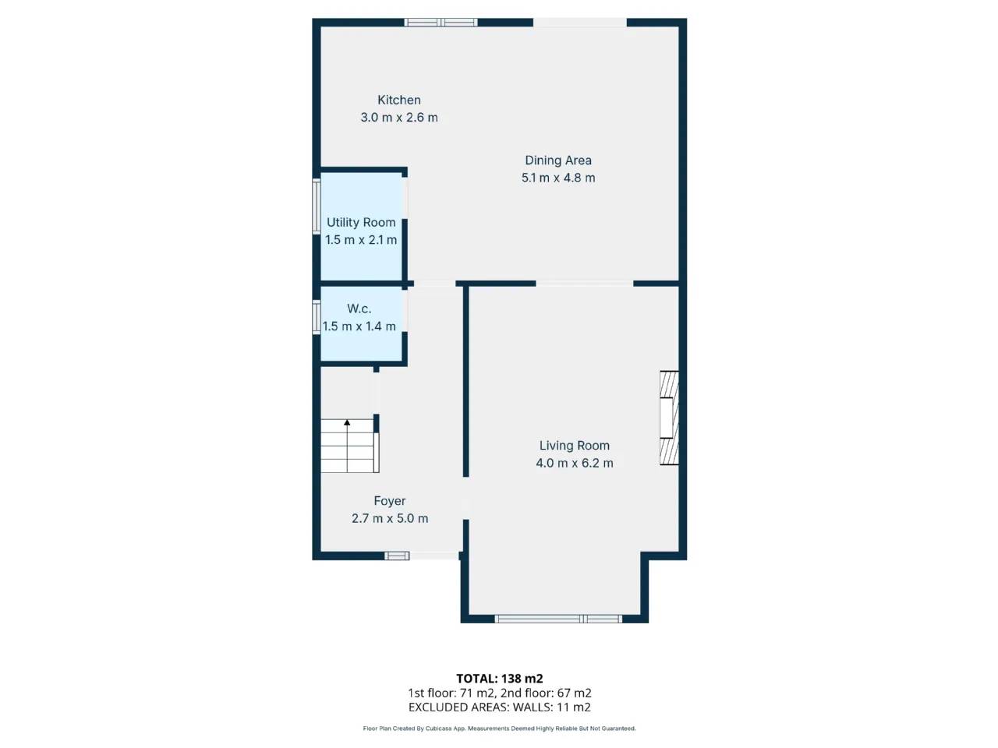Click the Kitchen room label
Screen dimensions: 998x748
pyautogui.click(x=398, y=100)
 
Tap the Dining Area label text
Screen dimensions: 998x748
pyautogui.click(x=558, y=161)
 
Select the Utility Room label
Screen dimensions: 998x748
pyautogui.click(x=361, y=223)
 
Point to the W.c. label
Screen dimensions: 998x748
pyautogui.click(x=359, y=309)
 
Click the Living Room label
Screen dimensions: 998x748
pyautogui.click(x=575, y=446)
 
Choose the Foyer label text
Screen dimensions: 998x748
pyautogui.click(x=390, y=501)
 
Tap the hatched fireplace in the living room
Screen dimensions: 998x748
pyautogui.click(x=669, y=418)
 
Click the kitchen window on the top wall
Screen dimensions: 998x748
pyautogui.click(x=441, y=23)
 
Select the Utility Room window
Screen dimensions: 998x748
pyautogui.click(x=317, y=206)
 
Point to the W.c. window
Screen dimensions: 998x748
pyautogui.click(x=317, y=317)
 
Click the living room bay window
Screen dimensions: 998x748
pyautogui.click(x=558, y=619)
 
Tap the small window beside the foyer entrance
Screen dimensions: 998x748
pyautogui.click(x=397, y=556)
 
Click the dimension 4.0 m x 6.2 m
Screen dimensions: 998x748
pyautogui.click(x=575, y=464)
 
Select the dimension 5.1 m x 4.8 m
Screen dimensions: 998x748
pyautogui.click(x=558, y=178)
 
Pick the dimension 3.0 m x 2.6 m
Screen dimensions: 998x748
pyautogui.click(x=398, y=118)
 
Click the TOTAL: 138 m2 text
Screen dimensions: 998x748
pyautogui.click(x=499, y=679)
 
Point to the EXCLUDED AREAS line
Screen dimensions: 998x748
pyautogui.click(x=499, y=707)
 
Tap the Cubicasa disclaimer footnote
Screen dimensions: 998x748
pyautogui.click(x=499, y=729)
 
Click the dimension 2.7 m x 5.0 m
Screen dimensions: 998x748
pyautogui.click(x=390, y=519)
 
